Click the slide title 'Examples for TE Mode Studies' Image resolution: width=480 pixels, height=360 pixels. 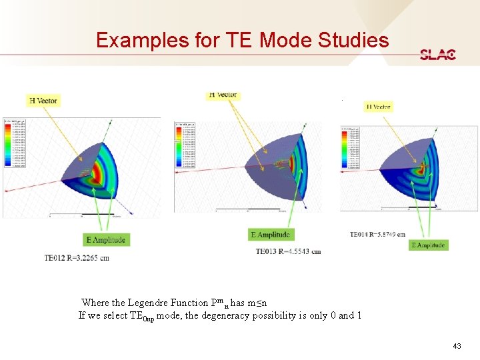point(242,41)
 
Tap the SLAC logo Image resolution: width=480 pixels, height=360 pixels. point(438,55)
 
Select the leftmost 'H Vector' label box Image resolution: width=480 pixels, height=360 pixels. point(43,101)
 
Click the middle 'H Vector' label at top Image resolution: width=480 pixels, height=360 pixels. point(222,95)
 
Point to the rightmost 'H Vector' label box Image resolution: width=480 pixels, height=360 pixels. point(378,107)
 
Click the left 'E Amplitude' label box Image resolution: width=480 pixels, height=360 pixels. point(105,239)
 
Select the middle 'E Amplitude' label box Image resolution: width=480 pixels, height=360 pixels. point(271,235)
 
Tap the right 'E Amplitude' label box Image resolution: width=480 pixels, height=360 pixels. point(428,245)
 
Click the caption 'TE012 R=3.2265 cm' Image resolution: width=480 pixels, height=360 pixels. point(77,258)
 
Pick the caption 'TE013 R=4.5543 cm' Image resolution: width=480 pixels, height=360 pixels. point(288,251)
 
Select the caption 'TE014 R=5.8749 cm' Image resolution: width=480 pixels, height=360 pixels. point(377,234)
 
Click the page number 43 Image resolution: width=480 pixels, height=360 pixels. point(457,346)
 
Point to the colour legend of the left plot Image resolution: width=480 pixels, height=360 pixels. point(14,143)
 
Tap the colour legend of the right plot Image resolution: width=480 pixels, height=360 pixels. point(349,150)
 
